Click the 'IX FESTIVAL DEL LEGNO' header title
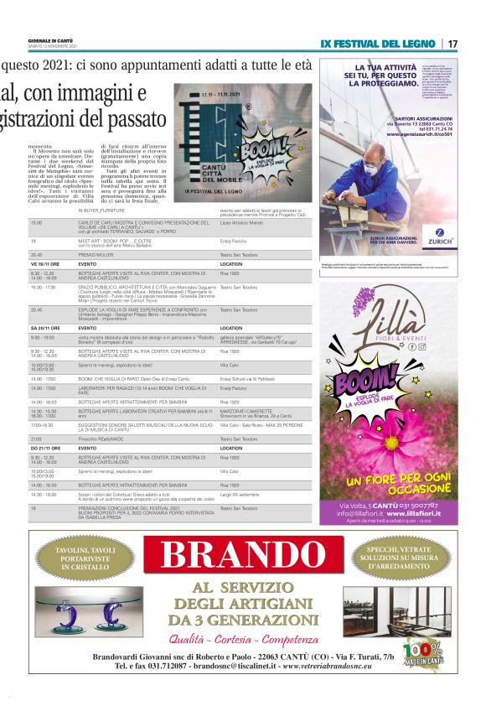pos(378,43)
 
